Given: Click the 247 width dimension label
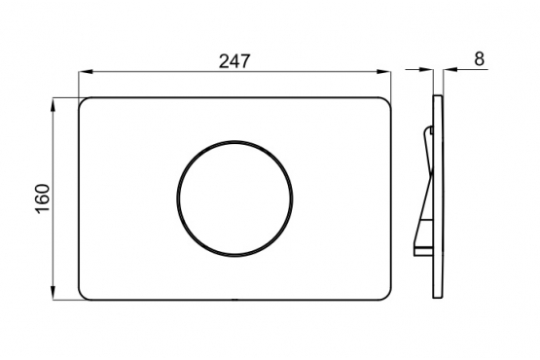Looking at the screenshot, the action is point(234,61).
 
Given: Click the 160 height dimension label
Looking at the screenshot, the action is point(44,198).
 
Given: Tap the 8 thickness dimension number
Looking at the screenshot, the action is point(479,59).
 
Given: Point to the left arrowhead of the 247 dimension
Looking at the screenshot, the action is point(86,72).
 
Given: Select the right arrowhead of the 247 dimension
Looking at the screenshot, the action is point(383,72).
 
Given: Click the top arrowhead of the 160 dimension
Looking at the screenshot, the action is point(54,105).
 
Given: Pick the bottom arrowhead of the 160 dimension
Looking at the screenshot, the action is point(54,293).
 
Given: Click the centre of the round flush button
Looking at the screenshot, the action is point(235,198).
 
